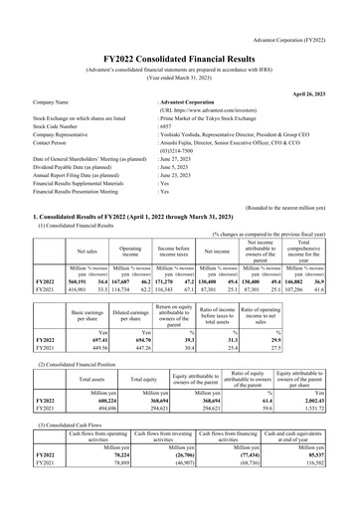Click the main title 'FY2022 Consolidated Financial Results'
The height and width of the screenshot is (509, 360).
pyautogui.click(x=180, y=33)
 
